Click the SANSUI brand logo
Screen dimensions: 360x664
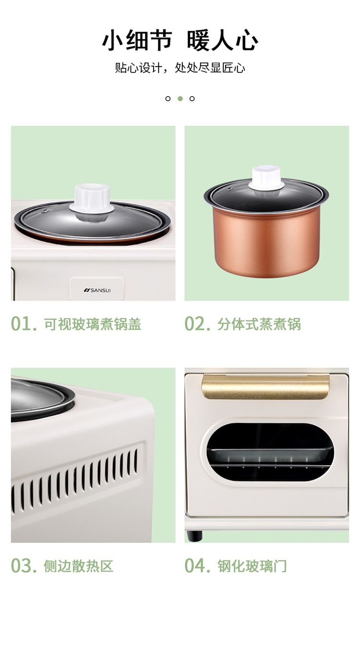[x=97, y=290]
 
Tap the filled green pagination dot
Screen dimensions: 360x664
[x=180, y=99]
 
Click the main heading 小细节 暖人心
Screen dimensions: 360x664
[x=180, y=40]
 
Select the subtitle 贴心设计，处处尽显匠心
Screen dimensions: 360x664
[x=180, y=68]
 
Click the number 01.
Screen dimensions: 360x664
[x=24, y=324]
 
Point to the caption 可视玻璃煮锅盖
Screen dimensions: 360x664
[x=93, y=324]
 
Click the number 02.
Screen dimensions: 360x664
[x=197, y=324]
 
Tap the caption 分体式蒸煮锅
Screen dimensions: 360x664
[x=259, y=324]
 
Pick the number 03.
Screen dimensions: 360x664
[x=24, y=566]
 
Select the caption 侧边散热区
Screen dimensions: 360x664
[x=79, y=566]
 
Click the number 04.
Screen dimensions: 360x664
[x=197, y=566]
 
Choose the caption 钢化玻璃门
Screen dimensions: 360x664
[x=252, y=566]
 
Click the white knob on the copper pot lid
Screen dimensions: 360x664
[x=266, y=178]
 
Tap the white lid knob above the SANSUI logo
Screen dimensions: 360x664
[x=92, y=199]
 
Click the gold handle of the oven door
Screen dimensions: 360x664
[x=265, y=386]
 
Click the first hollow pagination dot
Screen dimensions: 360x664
[x=168, y=99]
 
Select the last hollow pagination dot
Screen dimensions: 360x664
[x=192, y=99]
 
